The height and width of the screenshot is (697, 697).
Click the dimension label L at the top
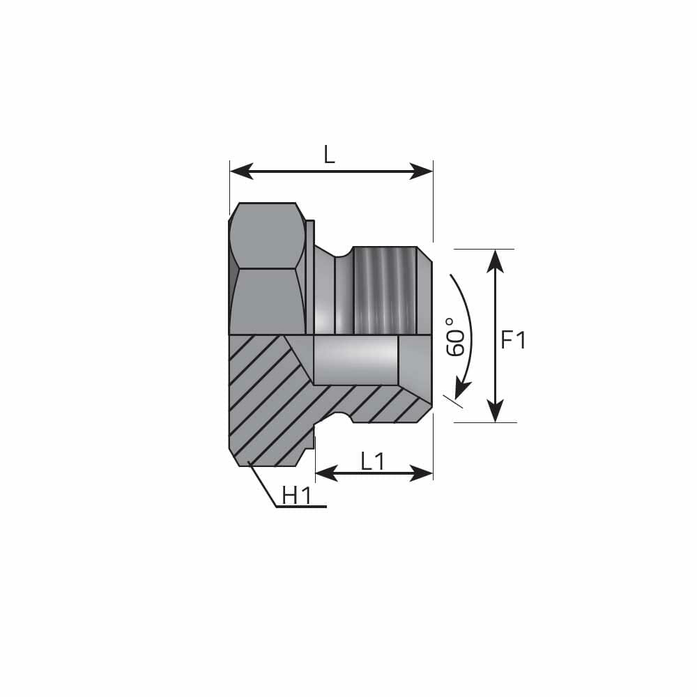(x=329, y=155)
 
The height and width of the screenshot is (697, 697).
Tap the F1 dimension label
(x=514, y=340)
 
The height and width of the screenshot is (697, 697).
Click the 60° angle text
(x=455, y=337)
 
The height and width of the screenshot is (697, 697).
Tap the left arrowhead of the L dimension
(x=241, y=171)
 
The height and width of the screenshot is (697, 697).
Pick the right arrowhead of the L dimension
(x=422, y=171)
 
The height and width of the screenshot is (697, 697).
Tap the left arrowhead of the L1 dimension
(x=327, y=473)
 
